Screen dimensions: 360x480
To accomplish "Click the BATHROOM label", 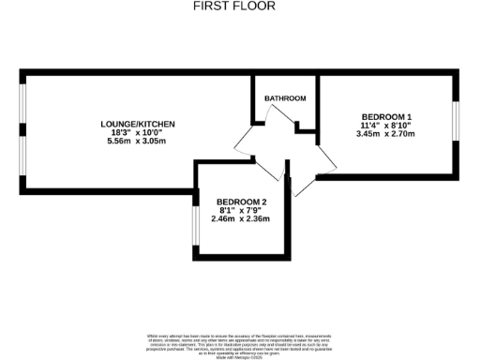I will pos(285,98).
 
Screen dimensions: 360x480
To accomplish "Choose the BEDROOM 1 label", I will pos(386,117).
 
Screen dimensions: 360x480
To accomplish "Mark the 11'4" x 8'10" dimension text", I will pos(386,126).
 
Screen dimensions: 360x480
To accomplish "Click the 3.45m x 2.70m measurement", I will pos(386,134).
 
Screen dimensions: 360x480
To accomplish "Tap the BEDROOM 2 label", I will pos(242,202).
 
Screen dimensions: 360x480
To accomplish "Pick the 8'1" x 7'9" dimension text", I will pos(242,211).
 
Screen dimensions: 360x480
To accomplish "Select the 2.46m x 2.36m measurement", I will pos(242,219).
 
